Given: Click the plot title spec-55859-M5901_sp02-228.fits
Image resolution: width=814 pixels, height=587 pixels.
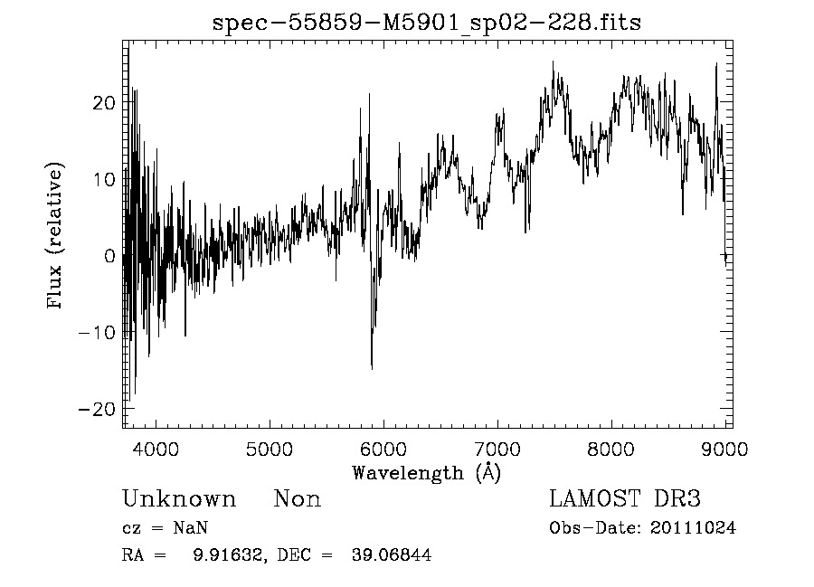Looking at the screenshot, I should [426, 23].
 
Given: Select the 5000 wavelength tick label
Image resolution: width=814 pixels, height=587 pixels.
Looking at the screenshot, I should [270, 450].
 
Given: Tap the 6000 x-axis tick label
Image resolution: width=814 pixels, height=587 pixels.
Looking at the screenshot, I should [383, 450].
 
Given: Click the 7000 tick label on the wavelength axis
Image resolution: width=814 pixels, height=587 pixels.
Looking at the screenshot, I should [497, 450].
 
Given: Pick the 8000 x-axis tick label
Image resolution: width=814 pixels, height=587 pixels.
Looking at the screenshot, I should [611, 450].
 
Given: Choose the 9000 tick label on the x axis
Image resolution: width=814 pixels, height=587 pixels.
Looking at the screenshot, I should [724, 450].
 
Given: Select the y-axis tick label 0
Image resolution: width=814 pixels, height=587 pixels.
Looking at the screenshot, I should [110, 256].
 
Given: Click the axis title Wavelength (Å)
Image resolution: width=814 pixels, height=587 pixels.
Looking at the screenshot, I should [426, 472].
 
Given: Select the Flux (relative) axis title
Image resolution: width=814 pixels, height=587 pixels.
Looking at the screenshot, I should [56, 237].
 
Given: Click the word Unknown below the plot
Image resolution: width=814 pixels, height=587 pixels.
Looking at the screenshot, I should [179, 499].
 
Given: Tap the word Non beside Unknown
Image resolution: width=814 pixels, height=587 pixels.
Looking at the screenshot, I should [298, 499].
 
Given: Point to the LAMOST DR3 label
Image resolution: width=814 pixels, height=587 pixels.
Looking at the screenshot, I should [625, 499].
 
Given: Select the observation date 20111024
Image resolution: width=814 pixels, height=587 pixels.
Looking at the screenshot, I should [693, 528].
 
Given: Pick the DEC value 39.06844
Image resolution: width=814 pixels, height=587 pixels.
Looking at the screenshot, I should [391, 555].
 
